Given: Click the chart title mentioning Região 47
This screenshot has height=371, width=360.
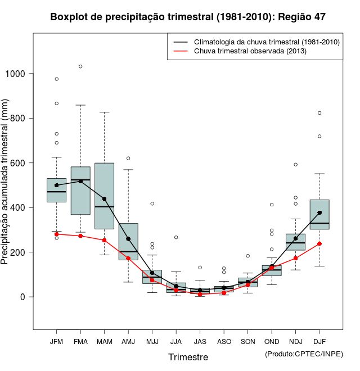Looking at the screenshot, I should tap(188, 17).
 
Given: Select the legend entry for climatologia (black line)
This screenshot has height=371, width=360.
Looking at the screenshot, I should tap(266, 42).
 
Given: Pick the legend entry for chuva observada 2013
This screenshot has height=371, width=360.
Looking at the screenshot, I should tap(250, 51).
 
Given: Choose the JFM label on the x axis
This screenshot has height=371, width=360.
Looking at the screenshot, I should tap(56, 341).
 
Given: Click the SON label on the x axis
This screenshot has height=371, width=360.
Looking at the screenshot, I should tap(247, 341).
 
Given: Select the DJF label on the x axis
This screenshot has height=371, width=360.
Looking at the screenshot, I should tap(319, 341).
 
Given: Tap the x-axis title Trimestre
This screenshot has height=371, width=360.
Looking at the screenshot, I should tap(188, 357).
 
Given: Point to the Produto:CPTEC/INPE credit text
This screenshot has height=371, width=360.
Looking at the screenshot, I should tap(304, 354).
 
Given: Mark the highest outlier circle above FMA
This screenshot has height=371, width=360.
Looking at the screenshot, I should tap(80, 66).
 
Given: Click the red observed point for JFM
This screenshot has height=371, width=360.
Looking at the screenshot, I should tap(56, 234).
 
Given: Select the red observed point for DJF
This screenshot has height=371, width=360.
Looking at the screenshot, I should tap(319, 243).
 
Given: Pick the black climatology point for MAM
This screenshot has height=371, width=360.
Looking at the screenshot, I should tap(105, 199).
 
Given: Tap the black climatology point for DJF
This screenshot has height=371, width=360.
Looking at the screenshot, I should tap(319, 212).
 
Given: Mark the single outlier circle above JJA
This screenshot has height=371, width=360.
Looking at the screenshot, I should tap(176, 237).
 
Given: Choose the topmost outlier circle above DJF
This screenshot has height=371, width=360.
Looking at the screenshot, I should tap(319, 113).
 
